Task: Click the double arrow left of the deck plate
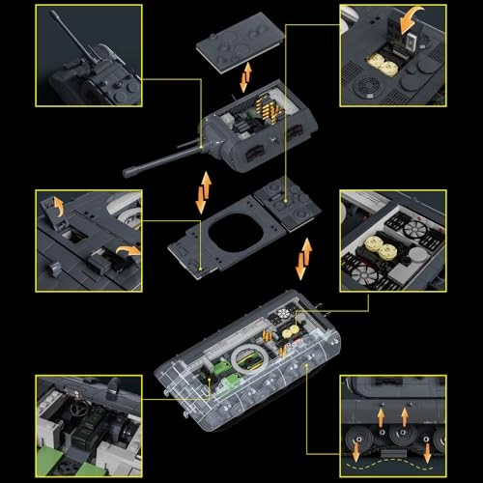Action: pyautogui.click(x=201, y=192)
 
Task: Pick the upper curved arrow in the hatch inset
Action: pyautogui.click(x=55, y=204)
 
